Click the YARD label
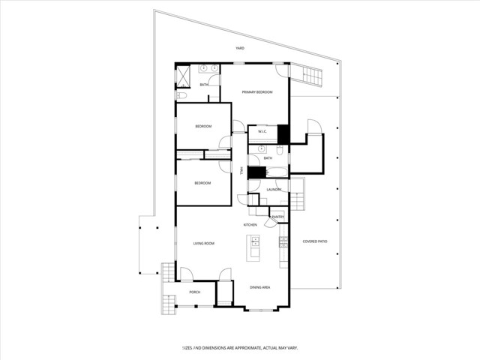point(240,48)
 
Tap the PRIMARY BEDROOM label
point(256,91)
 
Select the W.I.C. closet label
point(262,132)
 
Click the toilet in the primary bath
point(181,95)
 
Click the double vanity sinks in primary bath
point(208,69)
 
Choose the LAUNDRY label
point(274,189)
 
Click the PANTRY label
point(277,217)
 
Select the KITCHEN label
point(250,225)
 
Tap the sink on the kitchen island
point(255,241)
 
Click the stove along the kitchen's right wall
point(283,241)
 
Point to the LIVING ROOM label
point(204,243)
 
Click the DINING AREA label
point(259,287)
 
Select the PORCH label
point(194,292)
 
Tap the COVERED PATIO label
point(315,241)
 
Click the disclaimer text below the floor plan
point(240,348)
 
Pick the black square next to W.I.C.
point(283,133)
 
